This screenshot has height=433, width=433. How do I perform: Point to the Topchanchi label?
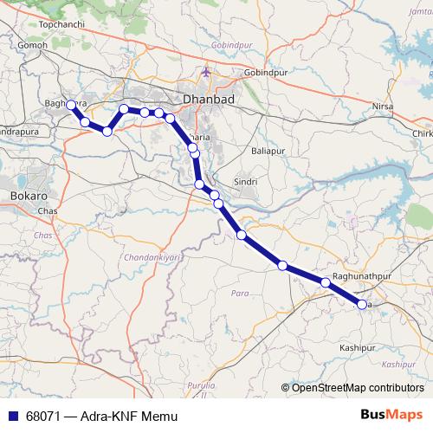coord(59,24)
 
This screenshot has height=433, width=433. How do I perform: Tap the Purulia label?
coord(200,384)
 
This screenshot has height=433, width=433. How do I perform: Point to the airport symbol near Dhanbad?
coord(205,72)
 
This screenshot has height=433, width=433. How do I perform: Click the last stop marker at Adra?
coord(362,304)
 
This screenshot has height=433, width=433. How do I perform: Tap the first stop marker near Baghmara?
coord(72,105)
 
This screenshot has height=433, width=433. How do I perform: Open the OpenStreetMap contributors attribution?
coord(357,388)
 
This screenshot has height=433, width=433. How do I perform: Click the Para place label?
coord(240,294)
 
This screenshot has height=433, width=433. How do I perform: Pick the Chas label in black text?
coord(48,211)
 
